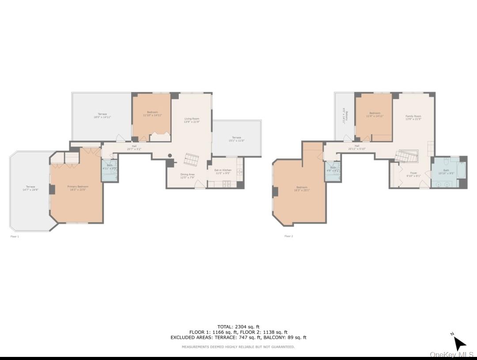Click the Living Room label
click(192, 119)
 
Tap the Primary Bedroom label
click(78, 187)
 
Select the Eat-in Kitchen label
click(223, 170)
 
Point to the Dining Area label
click(187, 174)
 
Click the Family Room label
click(413, 116)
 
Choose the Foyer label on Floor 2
click(413, 173)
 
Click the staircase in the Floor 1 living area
click(192, 159)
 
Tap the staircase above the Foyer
click(406, 156)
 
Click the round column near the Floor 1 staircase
click(170, 155)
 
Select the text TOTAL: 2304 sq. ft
click(238, 327)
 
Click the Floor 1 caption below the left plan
click(15, 237)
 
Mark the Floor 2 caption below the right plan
click(288, 236)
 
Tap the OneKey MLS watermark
click(451, 355)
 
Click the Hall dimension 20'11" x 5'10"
click(356, 148)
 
